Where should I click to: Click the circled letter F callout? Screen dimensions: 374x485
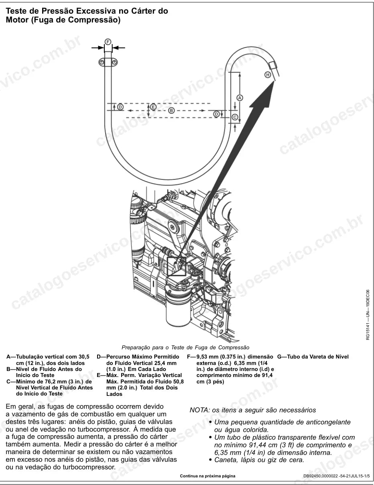[x=108, y=42]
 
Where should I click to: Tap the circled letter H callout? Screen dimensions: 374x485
[x=268, y=75]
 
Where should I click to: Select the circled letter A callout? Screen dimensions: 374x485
[x=240, y=98]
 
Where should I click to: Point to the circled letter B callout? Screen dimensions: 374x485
[x=171, y=110]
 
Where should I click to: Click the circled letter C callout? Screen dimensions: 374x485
[x=235, y=117]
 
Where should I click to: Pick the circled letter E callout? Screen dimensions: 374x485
[x=153, y=107]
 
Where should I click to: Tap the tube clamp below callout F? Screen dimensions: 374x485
[x=108, y=62]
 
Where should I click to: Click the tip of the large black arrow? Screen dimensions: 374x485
[x=274, y=82]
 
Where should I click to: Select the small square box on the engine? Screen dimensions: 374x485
[x=177, y=267]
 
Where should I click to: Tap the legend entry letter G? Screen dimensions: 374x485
[x=279, y=357]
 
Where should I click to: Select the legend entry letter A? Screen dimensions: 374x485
[x=9, y=357]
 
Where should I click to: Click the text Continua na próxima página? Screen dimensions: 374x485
[x=207, y=476]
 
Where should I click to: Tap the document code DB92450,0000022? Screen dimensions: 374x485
[x=321, y=476]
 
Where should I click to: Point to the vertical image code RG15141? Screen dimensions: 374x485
[x=368, y=331]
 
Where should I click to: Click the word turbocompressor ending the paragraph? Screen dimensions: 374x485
[x=89, y=467]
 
